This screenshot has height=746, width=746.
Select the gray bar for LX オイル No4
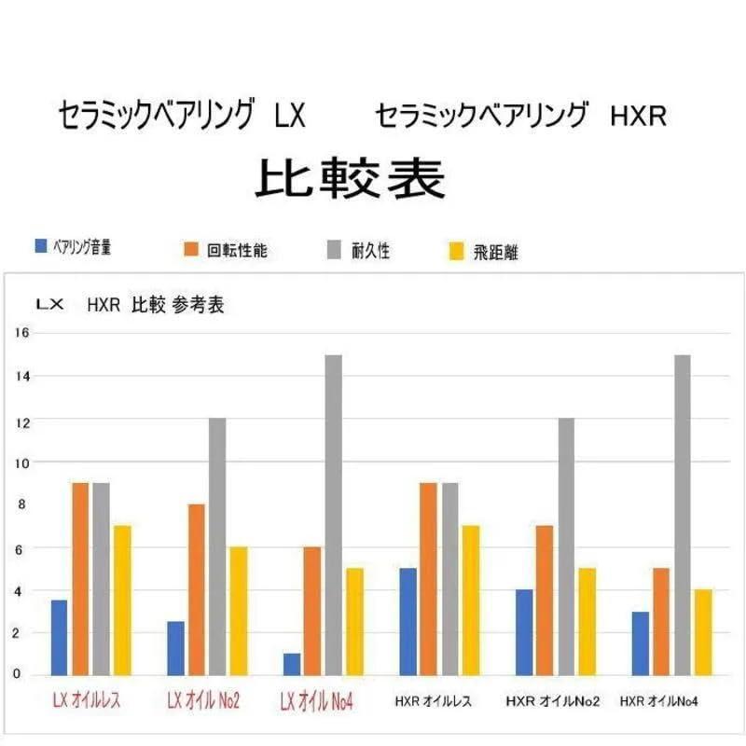[x=333, y=515]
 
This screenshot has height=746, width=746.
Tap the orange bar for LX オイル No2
[x=196, y=589]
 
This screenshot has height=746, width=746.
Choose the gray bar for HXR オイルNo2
[x=566, y=546]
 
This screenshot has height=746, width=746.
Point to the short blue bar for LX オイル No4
[x=292, y=664]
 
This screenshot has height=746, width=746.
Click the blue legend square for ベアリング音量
[x=40, y=246]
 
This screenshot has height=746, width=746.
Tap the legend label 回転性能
[x=237, y=249]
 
